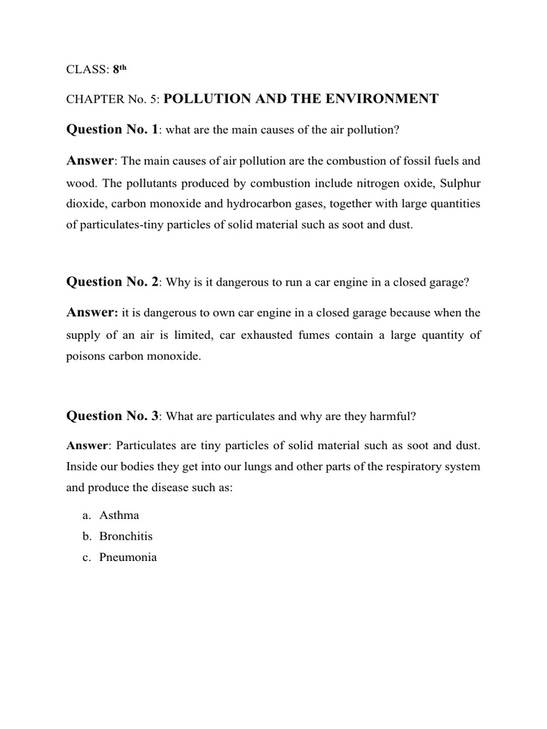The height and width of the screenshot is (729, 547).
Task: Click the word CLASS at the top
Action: click(x=83, y=70)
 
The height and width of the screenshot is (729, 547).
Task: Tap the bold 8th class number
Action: click(x=120, y=69)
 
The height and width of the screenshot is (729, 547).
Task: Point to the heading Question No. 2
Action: click(x=113, y=281)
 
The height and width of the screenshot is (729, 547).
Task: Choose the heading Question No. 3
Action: click(x=113, y=416)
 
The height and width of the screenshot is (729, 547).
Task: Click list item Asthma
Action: click(x=119, y=515)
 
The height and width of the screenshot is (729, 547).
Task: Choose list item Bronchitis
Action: click(x=126, y=536)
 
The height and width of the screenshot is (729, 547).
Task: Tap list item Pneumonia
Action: click(x=128, y=557)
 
